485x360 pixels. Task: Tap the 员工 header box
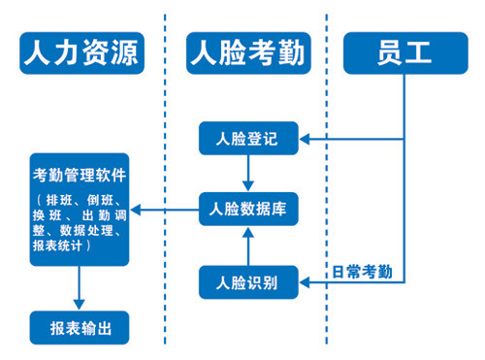tap(403, 51)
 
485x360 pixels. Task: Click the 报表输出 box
tap(80, 327)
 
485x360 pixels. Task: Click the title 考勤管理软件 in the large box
tap(80, 175)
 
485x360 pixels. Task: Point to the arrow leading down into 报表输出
tap(80, 289)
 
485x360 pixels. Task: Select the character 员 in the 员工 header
tap(388, 51)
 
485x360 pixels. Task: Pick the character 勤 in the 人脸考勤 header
tap(288, 51)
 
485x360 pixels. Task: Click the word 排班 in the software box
tap(58, 201)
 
